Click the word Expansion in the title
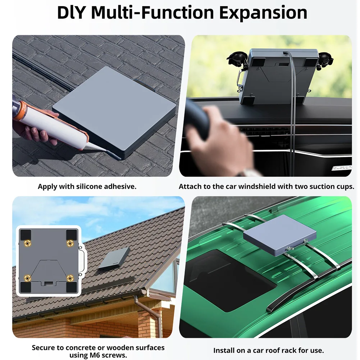click(x=263, y=13)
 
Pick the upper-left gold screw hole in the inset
click(x=28, y=243)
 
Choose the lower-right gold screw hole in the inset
click(x=70, y=278)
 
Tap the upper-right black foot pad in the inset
click(x=72, y=234)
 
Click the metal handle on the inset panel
click(x=82, y=260)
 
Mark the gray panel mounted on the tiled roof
click(x=114, y=258)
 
